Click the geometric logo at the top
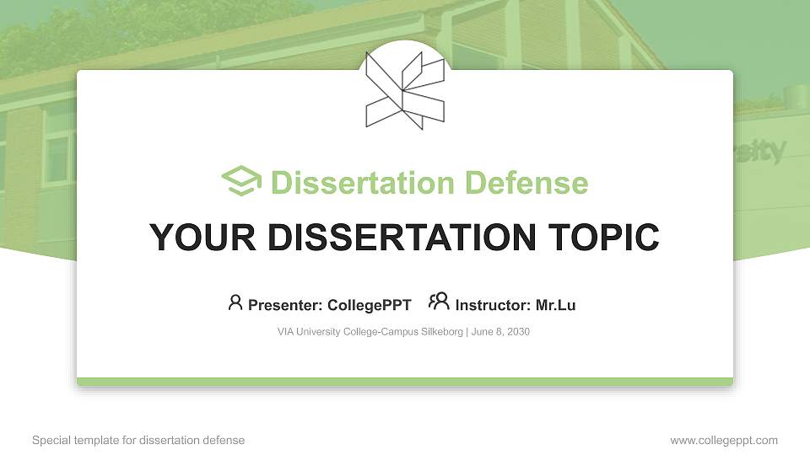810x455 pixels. (405, 89)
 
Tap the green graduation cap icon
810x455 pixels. (241, 182)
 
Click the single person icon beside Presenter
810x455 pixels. (235, 302)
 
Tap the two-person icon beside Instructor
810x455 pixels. (439, 302)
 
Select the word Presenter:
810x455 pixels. (280, 305)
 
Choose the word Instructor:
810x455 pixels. (493, 305)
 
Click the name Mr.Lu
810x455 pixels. (555, 305)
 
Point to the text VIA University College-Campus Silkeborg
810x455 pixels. (370, 332)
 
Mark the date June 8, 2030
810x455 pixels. (500, 332)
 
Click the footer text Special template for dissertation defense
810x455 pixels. (138, 440)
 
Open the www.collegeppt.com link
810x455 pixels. (724, 440)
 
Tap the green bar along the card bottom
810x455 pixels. (405, 382)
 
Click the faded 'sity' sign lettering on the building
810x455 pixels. (759, 152)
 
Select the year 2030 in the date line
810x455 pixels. (517, 332)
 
